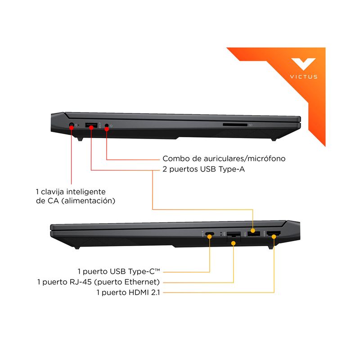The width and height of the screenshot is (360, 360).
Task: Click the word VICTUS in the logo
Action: coord(303,76)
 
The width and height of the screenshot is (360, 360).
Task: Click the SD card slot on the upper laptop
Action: coord(235,125)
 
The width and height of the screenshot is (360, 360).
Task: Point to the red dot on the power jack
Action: coord(72,127)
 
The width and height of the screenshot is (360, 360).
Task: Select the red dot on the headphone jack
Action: coord(107,129)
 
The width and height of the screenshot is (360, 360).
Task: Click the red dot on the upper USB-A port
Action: coord(91,127)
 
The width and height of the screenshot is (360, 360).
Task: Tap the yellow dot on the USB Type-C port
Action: coord(209,237)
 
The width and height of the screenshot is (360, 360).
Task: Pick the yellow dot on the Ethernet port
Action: coord(233,243)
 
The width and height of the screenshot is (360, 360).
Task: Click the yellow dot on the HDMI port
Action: coord(274,237)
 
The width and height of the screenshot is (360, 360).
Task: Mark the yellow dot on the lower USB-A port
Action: coord(253,230)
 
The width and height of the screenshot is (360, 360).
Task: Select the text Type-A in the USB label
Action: coord(232,170)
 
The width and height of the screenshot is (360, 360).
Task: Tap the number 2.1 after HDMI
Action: coord(155,292)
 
